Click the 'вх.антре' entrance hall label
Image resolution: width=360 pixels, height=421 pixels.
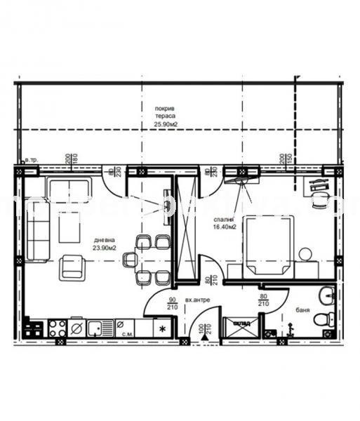199,300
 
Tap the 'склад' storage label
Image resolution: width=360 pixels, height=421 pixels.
239,323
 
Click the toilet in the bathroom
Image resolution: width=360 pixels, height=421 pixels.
322,319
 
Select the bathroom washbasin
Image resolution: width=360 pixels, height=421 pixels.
325,295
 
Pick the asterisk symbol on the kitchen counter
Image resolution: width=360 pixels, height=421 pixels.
164,328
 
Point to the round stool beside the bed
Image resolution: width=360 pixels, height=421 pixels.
304,253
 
